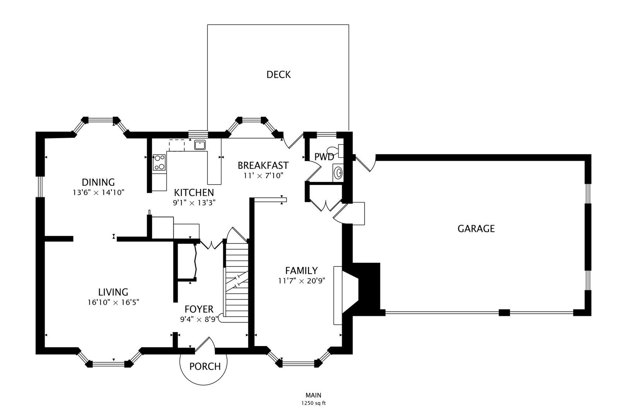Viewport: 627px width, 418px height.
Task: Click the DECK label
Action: pyautogui.click(x=278, y=75)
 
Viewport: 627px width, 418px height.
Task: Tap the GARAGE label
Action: pyautogui.click(x=476, y=229)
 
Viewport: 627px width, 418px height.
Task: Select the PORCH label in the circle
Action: pyautogui.click(x=205, y=366)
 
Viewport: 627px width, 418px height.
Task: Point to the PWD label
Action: pyautogui.click(x=324, y=157)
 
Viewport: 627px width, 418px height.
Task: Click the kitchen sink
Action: pyautogui.click(x=200, y=145)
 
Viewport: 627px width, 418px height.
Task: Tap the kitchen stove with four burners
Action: pyautogui.click(x=159, y=163)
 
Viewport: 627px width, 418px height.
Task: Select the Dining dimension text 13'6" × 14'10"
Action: pyautogui.click(x=98, y=192)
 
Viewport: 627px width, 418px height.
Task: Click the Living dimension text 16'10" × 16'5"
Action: pyautogui.click(x=113, y=302)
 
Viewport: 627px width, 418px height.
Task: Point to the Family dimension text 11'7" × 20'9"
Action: pyautogui.click(x=301, y=281)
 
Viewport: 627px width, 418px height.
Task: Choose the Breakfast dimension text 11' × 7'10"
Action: pyautogui.click(x=263, y=175)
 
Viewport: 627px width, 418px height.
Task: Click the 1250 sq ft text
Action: pyautogui.click(x=313, y=403)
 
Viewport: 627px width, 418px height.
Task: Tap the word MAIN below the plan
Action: pyautogui.click(x=313, y=395)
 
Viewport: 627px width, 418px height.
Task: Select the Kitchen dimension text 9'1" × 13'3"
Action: pyautogui.click(x=194, y=202)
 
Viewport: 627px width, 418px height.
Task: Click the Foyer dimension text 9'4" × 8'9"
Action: pyautogui.click(x=199, y=319)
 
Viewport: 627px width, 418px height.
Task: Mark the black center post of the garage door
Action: pyautogui.click(x=504, y=312)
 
